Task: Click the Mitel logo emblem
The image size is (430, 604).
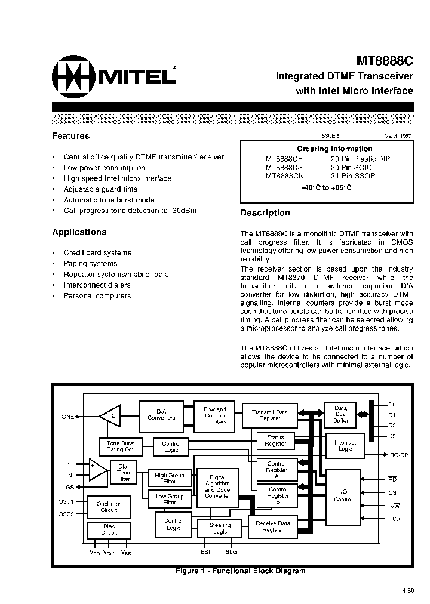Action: coord(73,75)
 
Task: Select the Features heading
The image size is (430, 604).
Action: coord(70,136)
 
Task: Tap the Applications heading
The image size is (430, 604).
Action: coord(79,232)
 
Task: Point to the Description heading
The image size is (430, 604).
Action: coord(265,213)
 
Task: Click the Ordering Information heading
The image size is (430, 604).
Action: coord(334,149)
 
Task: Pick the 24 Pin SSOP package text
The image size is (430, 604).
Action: coord(353,176)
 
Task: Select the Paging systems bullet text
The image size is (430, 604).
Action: coord(90,263)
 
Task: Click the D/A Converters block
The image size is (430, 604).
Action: coord(161,414)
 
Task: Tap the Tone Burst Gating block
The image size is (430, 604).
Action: coord(121,446)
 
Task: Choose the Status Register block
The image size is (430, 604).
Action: coord(275,440)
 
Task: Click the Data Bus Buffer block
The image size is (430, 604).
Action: coord(340,414)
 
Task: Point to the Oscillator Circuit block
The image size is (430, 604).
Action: coord(109,507)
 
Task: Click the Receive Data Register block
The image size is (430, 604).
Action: coord(273,526)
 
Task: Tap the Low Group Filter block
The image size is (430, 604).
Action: coord(170,499)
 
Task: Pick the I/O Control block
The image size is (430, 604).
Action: coord(343,495)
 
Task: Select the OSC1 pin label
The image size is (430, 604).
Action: coord(66,501)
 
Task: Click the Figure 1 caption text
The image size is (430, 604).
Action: coord(240,571)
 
